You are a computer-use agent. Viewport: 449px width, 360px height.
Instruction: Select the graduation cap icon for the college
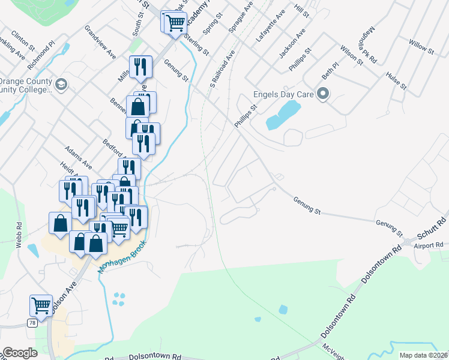tap(61, 85)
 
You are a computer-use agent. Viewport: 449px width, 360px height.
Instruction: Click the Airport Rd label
tap(429, 245)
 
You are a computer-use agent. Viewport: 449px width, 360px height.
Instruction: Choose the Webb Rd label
tap(19, 230)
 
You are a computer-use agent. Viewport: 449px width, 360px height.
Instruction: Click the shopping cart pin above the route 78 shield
tap(41, 305)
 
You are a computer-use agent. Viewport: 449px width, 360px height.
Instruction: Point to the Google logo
tap(20, 353)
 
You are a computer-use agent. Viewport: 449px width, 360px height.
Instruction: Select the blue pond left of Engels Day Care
tap(283, 115)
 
